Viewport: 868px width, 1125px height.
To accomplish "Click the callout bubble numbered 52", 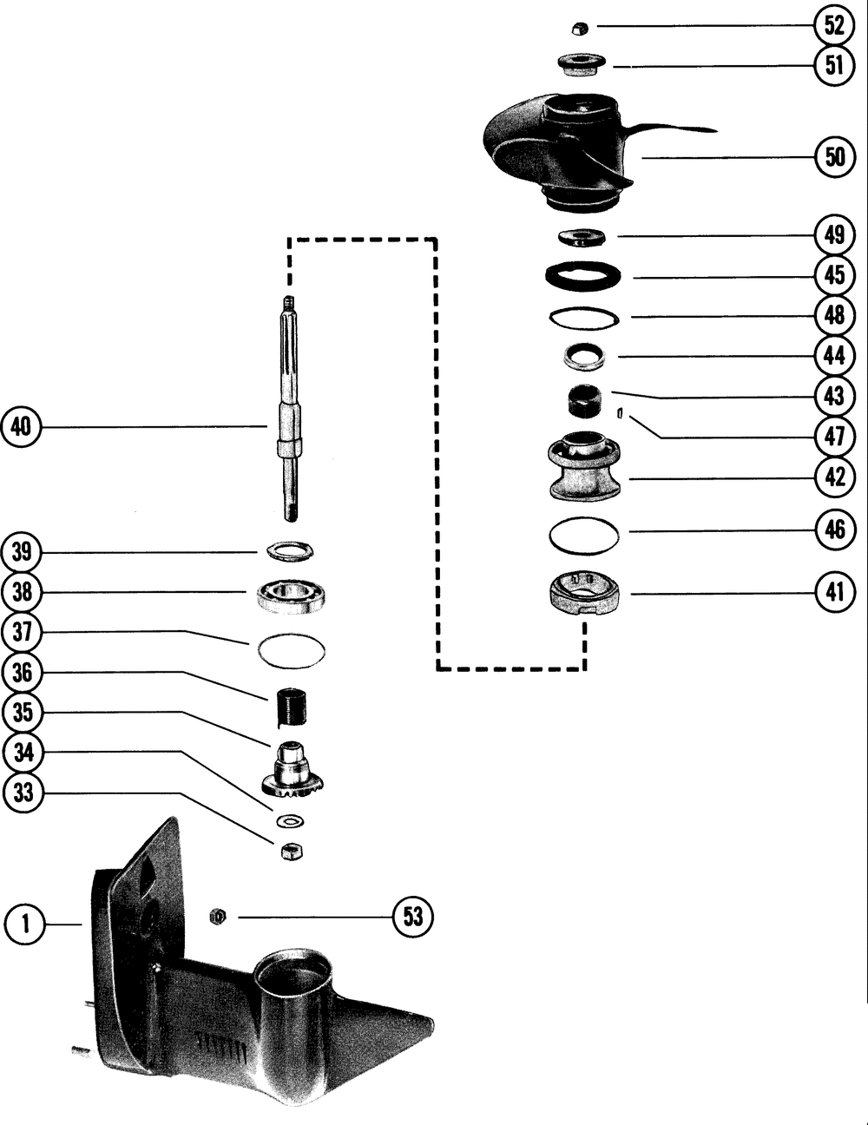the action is [x=834, y=25].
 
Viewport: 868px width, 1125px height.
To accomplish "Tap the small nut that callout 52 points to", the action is [x=580, y=28].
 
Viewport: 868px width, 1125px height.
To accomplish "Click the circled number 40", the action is [x=21, y=427].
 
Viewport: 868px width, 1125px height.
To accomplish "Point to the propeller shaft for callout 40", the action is [x=289, y=408].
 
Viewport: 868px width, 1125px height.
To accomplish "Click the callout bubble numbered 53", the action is [x=412, y=918].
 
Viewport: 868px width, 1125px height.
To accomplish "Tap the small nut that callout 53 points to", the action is [x=218, y=917].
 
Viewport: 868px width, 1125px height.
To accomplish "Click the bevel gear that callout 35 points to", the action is [x=292, y=770].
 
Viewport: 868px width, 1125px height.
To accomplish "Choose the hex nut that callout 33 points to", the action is [x=292, y=851].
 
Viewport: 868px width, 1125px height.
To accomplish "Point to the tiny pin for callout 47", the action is [x=621, y=413].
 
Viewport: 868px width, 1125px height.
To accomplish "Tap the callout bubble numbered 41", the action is [x=834, y=592].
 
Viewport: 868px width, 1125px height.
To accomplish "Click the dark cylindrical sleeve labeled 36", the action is [x=293, y=707].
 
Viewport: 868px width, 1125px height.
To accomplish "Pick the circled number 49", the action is [x=834, y=235].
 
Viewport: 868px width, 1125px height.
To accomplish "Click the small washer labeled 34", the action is [x=291, y=820].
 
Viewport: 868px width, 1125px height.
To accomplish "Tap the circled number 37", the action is [x=22, y=632].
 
